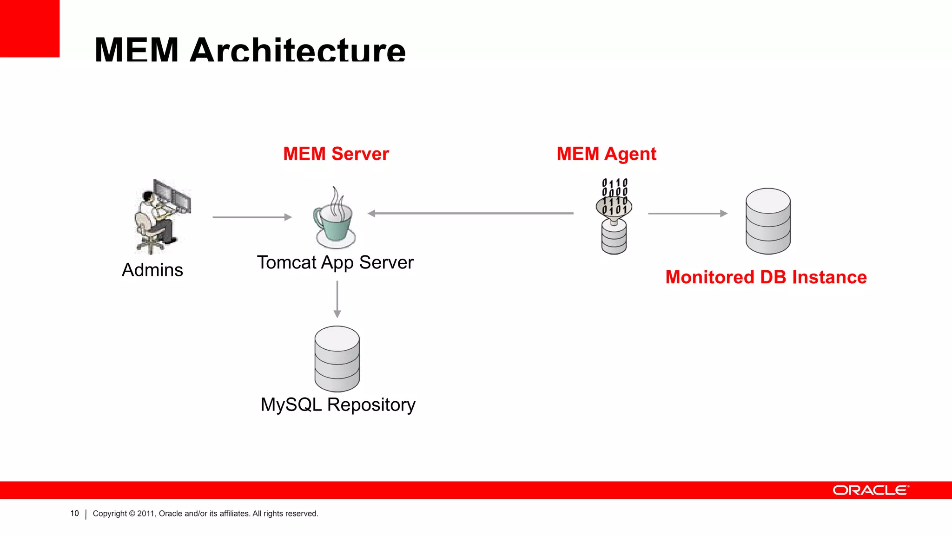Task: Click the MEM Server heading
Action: tap(336, 154)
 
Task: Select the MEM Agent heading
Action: tap(606, 154)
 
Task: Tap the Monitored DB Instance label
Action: tap(766, 277)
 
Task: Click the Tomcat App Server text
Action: tap(335, 263)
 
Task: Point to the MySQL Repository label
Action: tap(337, 405)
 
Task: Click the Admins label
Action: tap(152, 270)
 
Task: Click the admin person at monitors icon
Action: tap(162, 216)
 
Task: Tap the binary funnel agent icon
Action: tap(614, 216)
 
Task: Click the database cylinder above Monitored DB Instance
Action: tap(768, 221)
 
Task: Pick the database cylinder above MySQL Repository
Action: tap(337, 359)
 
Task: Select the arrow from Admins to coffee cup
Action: tap(252, 217)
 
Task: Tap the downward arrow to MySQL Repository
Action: tap(337, 299)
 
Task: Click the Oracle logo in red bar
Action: tap(870, 490)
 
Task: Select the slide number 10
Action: tap(74, 513)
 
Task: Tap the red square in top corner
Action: tap(29, 28)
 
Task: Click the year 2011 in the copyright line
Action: tap(145, 514)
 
